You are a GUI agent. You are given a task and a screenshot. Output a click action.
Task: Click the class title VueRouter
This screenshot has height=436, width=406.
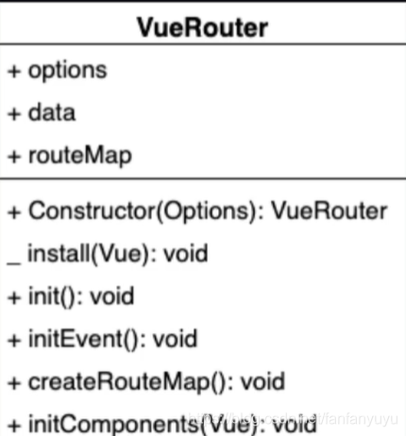tap(203, 27)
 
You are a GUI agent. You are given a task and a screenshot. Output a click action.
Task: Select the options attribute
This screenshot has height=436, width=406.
tap(68, 71)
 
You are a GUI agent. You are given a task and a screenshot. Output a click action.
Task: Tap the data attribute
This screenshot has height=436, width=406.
tap(52, 112)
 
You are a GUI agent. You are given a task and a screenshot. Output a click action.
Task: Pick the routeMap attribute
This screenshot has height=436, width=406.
tap(80, 156)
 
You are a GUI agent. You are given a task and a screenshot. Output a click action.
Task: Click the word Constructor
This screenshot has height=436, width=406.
tap(93, 210)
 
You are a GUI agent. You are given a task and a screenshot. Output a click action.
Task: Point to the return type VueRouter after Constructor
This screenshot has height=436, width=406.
tap(329, 210)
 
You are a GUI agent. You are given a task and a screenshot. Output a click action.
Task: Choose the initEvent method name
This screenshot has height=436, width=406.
tap(76, 339)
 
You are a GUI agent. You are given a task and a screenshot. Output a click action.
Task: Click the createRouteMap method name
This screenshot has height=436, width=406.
tap(119, 381)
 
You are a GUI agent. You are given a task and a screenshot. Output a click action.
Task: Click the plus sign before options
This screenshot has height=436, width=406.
tap(14, 71)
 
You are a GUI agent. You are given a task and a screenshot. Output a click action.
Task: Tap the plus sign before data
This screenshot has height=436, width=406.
tap(14, 113)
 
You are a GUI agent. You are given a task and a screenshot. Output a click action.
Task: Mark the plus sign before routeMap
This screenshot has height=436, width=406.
tap(14, 157)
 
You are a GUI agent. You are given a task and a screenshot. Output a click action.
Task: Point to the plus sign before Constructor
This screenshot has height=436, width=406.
tap(14, 211)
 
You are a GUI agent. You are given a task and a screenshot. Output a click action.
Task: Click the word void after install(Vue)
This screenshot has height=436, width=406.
tap(186, 253)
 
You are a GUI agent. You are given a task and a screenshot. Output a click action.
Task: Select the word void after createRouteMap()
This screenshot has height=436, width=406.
tap(262, 381)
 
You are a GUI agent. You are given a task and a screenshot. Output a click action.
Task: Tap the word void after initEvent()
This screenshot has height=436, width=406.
tap(176, 339)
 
